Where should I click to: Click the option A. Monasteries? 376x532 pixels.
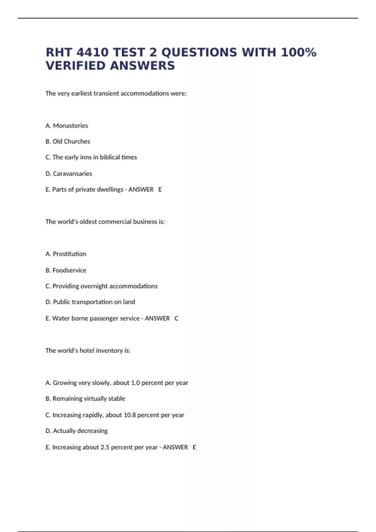(67, 125)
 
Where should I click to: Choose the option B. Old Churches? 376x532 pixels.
(68, 141)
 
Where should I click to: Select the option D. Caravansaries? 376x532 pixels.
(69, 173)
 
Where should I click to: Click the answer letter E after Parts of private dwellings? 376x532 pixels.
(160, 189)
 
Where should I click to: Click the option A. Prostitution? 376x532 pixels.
(66, 254)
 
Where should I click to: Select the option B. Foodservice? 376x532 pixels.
(66, 270)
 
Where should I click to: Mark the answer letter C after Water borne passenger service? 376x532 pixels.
(176, 318)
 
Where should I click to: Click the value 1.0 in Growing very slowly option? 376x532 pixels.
(135, 383)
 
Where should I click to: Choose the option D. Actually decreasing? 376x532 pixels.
(76, 431)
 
